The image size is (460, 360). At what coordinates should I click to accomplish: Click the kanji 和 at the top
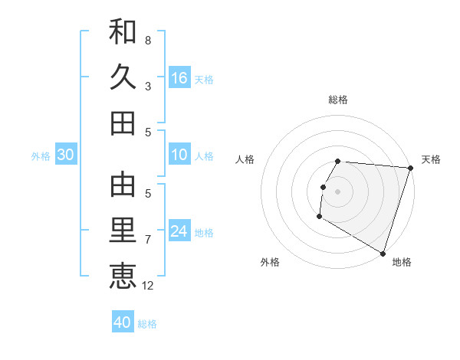coord(123,31)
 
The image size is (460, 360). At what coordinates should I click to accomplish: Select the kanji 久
coord(123,77)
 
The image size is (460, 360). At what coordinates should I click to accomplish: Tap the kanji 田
coord(123,123)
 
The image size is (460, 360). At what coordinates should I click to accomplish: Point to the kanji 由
coord(123,184)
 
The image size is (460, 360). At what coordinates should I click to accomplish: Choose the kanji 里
coord(123,231)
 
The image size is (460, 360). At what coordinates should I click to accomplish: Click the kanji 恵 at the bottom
coord(123,276)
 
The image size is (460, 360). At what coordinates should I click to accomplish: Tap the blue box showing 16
coord(179,78)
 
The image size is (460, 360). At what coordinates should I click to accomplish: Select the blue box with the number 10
coord(179,155)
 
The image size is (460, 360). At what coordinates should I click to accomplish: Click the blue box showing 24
coord(179,231)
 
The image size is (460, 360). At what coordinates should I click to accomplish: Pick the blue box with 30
coord(66,155)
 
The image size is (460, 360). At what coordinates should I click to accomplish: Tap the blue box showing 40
coord(123,323)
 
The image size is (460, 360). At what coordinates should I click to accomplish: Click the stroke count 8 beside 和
coord(148,40)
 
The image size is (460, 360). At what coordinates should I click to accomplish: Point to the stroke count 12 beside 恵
coord(149,286)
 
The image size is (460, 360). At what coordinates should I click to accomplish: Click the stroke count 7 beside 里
coord(148,240)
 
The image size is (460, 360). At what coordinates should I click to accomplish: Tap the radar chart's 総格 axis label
coord(337,100)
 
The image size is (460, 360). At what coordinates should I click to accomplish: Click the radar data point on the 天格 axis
coord(410,168)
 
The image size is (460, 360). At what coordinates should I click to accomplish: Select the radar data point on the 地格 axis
coord(383,253)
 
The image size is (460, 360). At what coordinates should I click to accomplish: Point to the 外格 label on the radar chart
coord(270,263)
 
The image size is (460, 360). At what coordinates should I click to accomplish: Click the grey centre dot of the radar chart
coord(337,191)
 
